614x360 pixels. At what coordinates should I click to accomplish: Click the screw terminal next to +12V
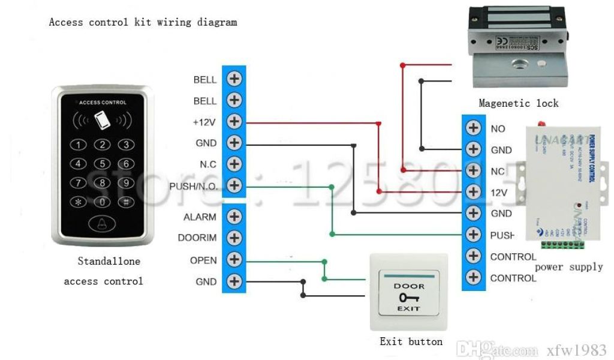coord(234,122)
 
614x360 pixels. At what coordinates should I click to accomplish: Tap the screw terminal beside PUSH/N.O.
coord(234,185)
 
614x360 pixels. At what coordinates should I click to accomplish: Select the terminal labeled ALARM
coord(234,217)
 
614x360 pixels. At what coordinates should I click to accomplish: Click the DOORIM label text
coord(197,238)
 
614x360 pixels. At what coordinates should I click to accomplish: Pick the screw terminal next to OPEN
coord(234,259)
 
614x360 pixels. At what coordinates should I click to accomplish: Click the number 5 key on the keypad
coord(103,164)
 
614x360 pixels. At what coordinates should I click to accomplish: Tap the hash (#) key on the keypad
coord(125,202)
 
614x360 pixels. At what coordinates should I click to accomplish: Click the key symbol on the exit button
coord(409,297)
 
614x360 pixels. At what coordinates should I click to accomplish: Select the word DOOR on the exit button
coord(409,286)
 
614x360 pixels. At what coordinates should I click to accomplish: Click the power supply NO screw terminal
coord(474,128)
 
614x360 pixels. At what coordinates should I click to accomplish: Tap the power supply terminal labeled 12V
coord(474,192)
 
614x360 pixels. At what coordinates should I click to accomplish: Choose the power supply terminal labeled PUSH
coord(474,235)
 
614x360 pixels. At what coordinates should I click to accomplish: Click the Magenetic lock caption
coord(518,103)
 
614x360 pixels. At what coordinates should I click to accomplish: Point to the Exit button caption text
coord(411,342)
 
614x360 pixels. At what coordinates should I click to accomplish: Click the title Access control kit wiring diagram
coord(143,23)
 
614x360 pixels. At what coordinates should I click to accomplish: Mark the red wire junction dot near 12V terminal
coord(378,192)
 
